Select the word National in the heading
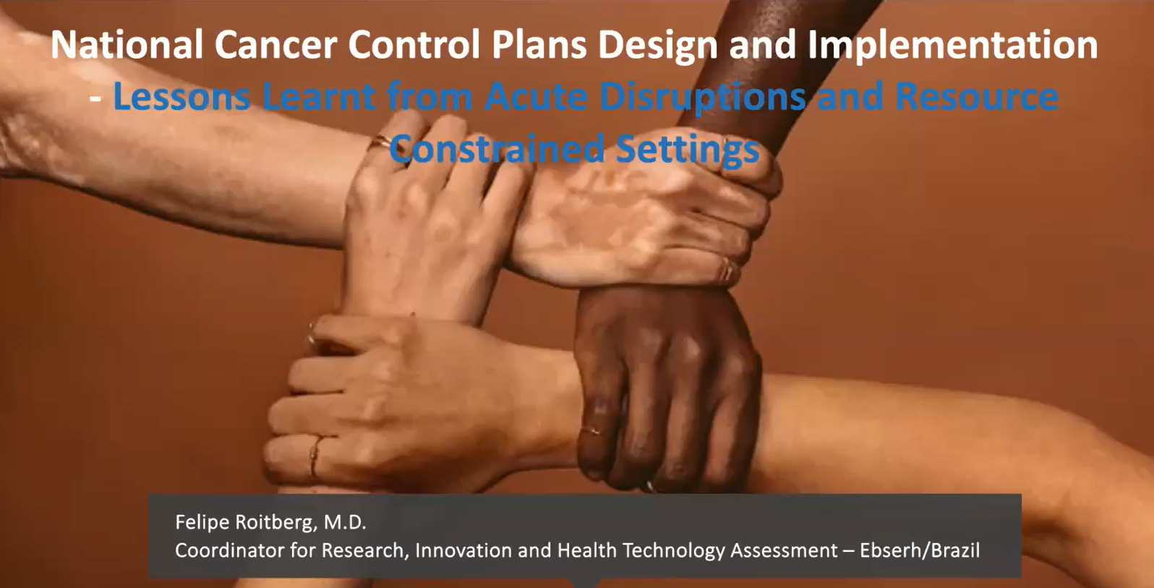[x=127, y=45]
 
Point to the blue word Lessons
[x=182, y=97]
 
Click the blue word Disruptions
[x=703, y=98]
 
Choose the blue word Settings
[x=688, y=150]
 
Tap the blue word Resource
[x=977, y=97]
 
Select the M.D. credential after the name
[x=345, y=523]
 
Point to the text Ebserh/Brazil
[x=920, y=550]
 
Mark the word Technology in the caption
[x=673, y=551]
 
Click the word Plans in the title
[x=539, y=45]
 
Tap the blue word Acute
[x=536, y=97]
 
